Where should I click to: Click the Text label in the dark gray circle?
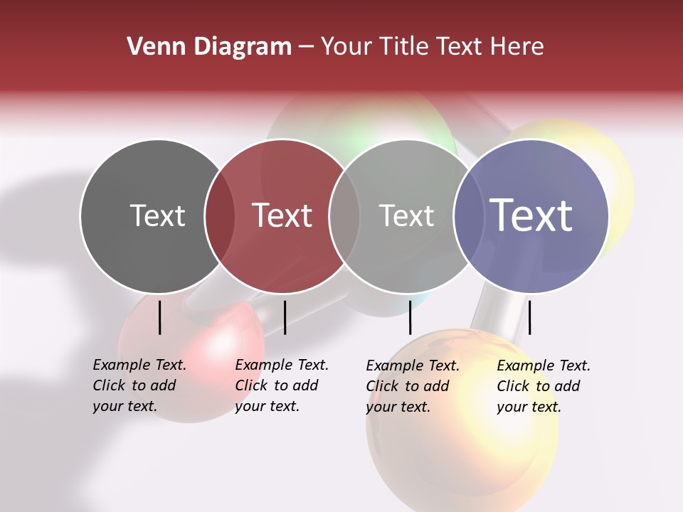157,215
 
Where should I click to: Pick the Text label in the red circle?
282,215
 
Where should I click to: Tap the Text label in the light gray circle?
406,215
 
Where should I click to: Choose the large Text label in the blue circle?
531,215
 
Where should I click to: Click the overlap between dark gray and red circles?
220,216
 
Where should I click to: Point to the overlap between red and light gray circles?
344,216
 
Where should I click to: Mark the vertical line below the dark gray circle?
160,317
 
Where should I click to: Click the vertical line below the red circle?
285,317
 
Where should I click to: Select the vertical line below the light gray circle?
410,317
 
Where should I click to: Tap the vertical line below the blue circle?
529,317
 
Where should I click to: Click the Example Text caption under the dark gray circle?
139,385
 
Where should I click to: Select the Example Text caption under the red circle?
282,385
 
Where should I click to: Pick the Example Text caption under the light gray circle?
413,386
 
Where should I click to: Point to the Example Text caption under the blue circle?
544,386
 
